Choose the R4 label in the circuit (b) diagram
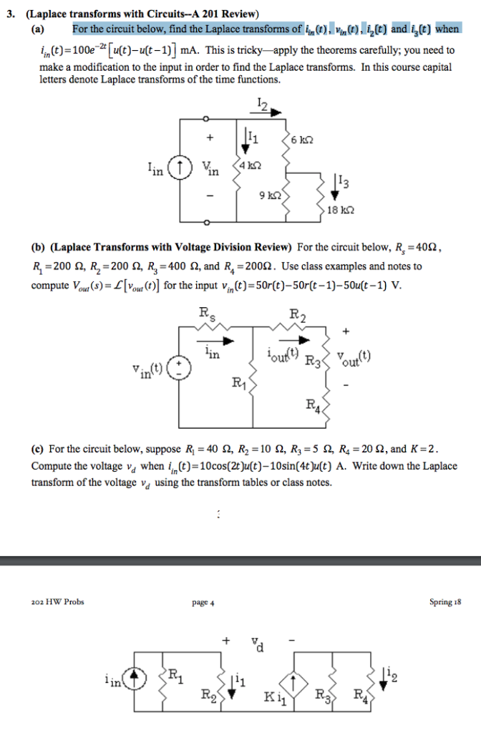coord(313,407)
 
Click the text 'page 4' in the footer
coord(203,602)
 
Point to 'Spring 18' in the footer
coord(445,602)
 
